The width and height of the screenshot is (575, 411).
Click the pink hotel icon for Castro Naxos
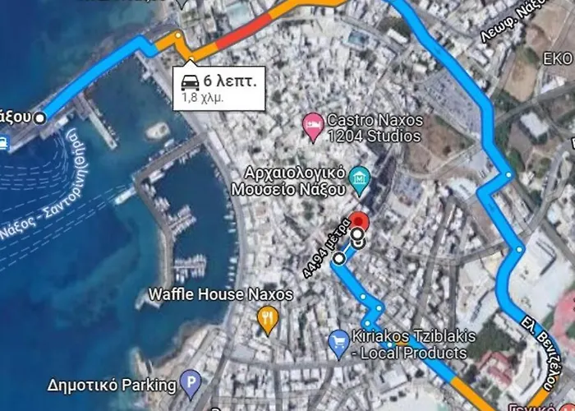(312, 127)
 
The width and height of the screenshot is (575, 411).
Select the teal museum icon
(358, 176)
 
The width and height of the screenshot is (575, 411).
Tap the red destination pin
(359, 223)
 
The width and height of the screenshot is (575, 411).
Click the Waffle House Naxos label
(201, 293)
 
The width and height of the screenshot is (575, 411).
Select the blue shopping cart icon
(338, 343)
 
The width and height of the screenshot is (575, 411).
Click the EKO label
(558, 59)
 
